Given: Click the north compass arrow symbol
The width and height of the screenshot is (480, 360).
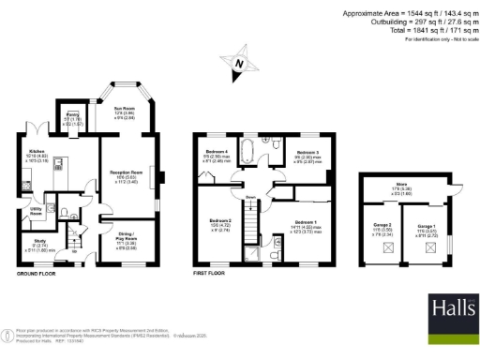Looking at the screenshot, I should click(240, 65).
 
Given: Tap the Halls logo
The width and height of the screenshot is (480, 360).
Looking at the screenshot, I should click(451, 311).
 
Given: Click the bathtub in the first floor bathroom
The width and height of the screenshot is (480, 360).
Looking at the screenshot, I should click(250, 150).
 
